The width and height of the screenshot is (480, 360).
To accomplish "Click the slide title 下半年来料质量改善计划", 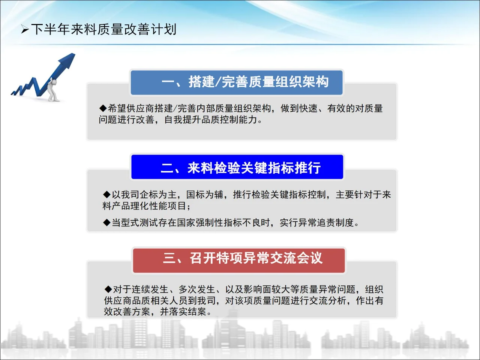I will click(x=103, y=29).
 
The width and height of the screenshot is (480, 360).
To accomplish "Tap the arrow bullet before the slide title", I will click(x=25, y=30).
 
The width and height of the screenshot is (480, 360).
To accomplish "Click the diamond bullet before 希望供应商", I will click(x=103, y=109).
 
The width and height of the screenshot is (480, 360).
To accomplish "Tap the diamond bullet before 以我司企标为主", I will click(x=107, y=195).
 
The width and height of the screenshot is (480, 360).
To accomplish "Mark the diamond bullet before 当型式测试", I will click(x=107, y=223).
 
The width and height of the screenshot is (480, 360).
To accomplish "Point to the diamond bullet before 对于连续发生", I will click(x=108, y=289).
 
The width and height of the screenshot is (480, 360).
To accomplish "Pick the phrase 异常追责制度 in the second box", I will click(x=326, y=223).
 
